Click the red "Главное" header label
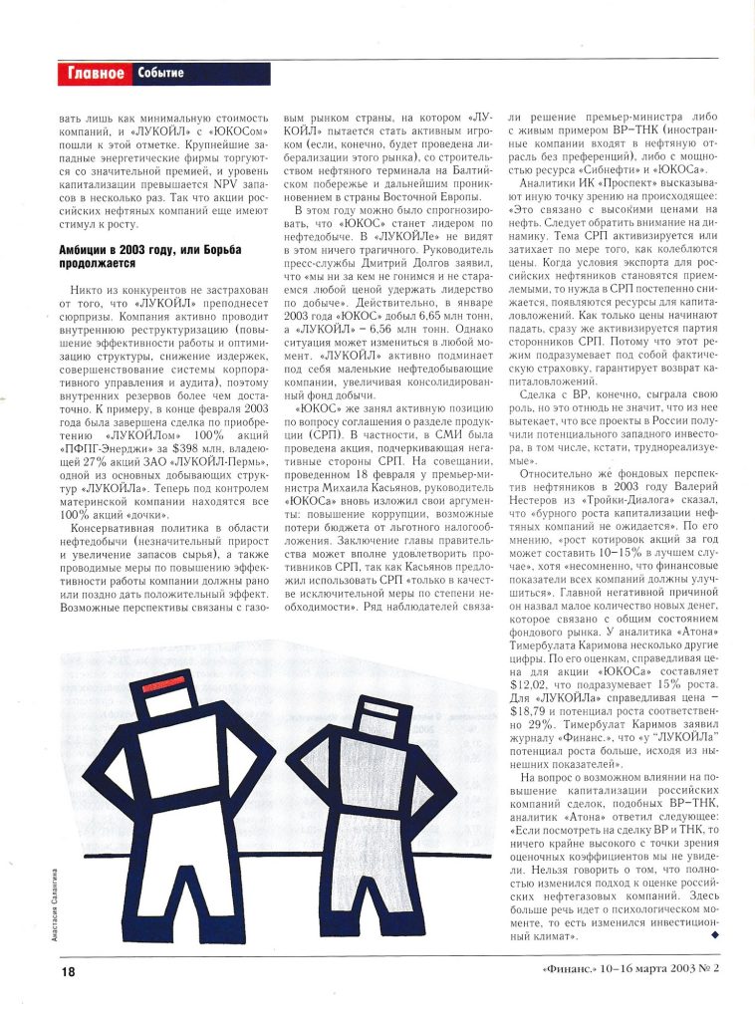[x=96, y=73]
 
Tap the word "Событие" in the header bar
[x=160, y=74]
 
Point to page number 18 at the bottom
[x=68, y=971]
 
